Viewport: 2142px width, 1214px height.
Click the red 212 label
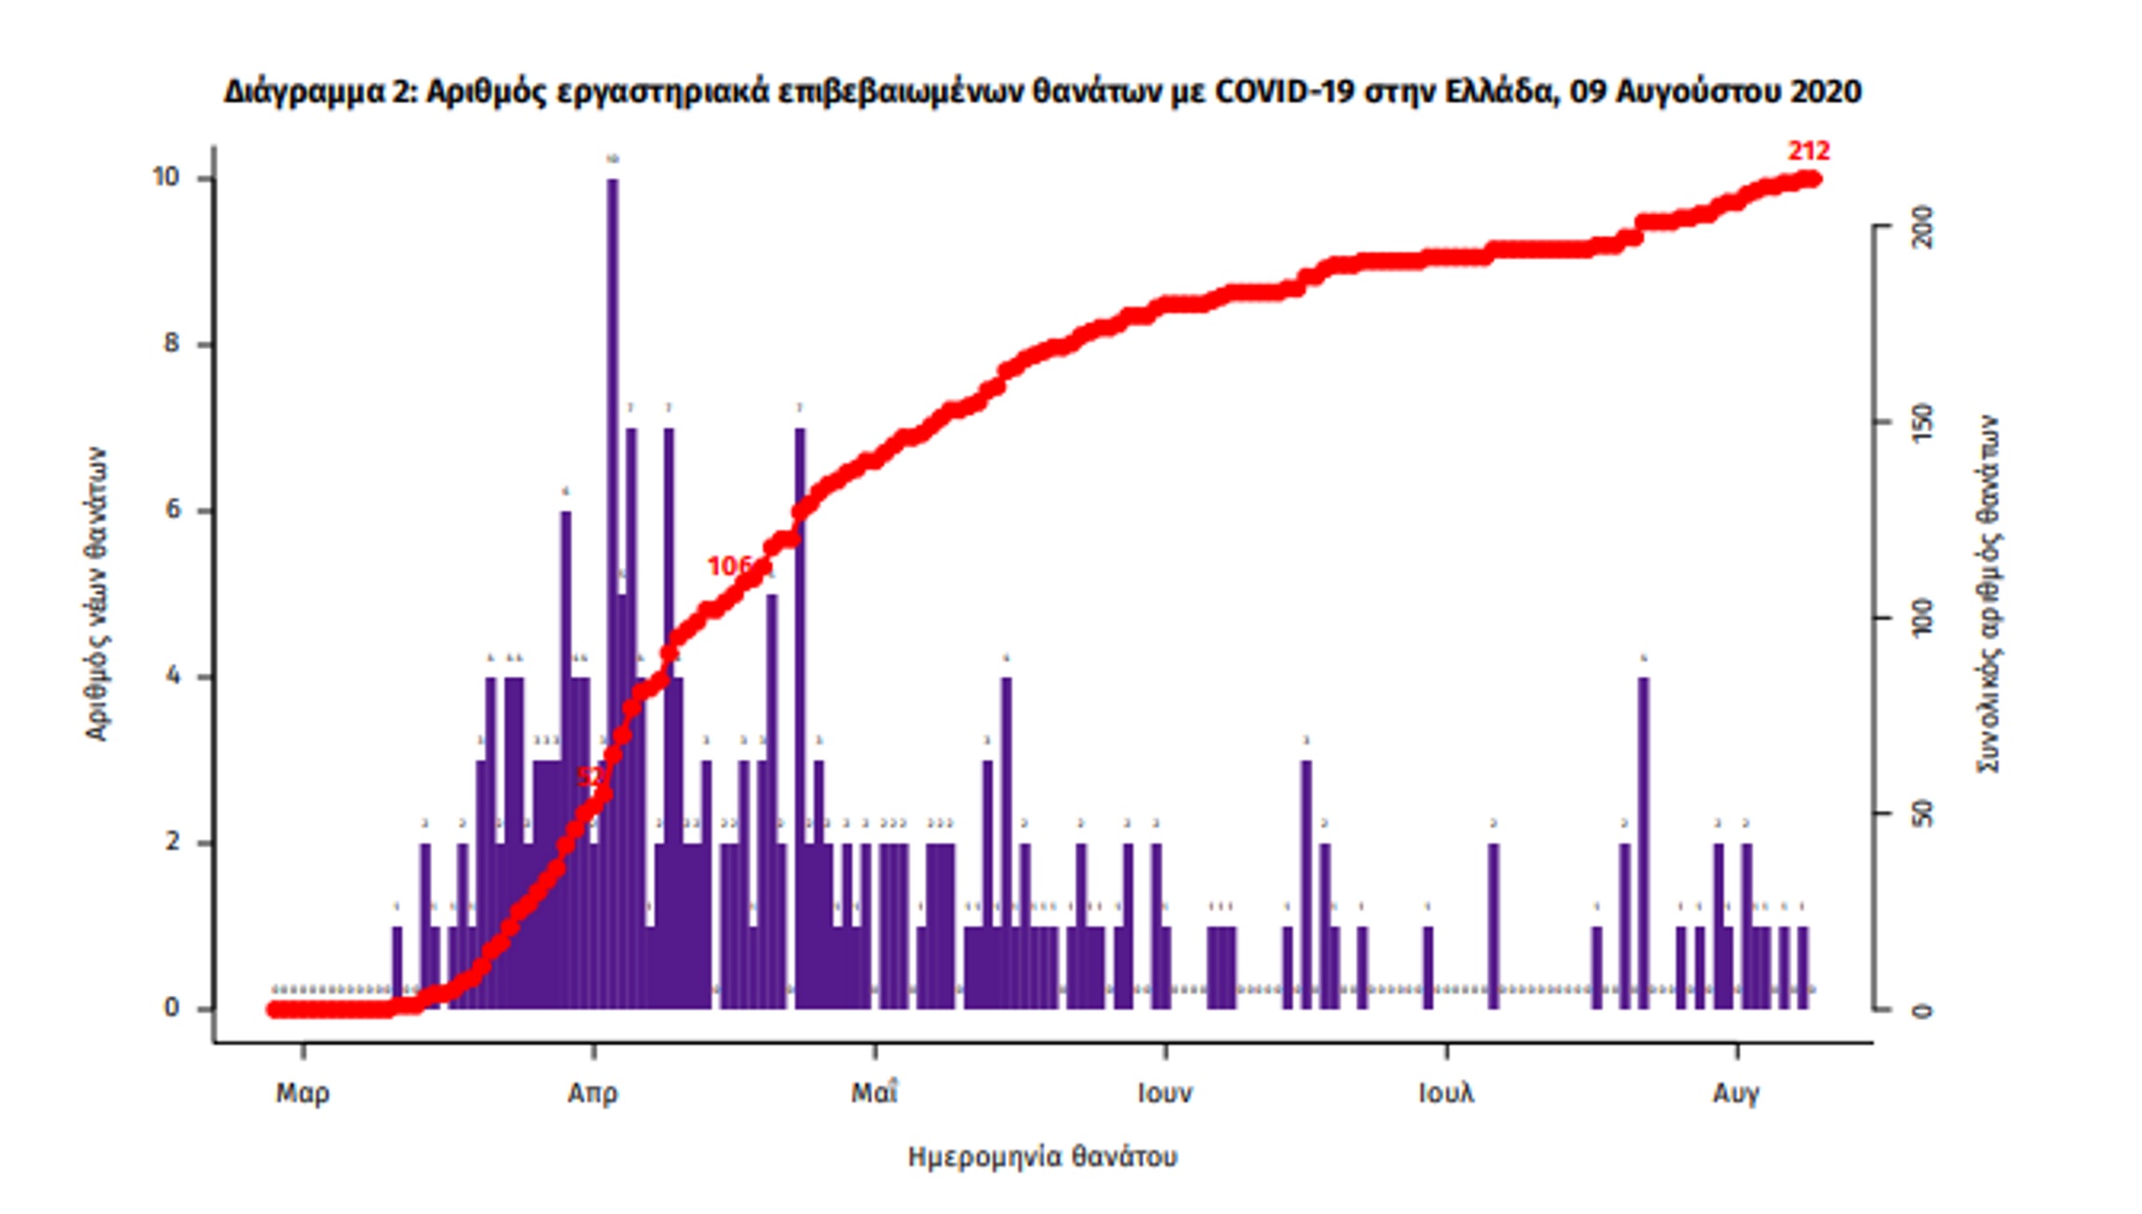pos(1808,151)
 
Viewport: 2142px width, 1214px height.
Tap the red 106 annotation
pos(729,566)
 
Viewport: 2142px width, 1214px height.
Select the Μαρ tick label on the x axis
pos(303,1093)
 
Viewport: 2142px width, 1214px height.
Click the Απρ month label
pos(593,1093)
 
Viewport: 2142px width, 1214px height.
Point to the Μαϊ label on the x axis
pos(874,1093)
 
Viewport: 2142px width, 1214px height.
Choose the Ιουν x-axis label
pos(1164,1093)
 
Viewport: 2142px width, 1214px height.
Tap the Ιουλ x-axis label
pos(1446,1093)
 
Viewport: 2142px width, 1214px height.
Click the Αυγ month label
pos(1736,1093)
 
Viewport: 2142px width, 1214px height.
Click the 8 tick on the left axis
pos(171,344)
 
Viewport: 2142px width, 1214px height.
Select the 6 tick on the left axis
pos(171,510)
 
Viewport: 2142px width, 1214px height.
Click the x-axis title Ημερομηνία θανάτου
pos(1042,1157)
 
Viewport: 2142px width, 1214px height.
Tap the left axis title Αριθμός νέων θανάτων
pos(96,594)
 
